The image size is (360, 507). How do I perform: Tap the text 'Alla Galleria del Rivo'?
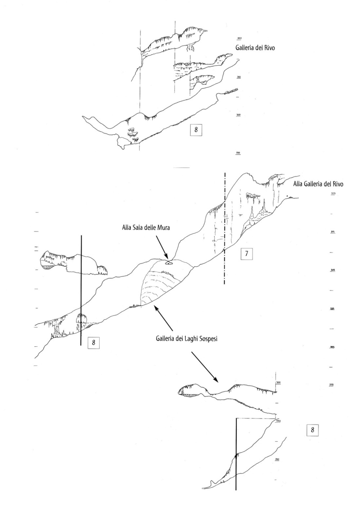click(x=318, y=184)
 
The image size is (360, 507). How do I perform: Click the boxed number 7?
click(x=246, y=254)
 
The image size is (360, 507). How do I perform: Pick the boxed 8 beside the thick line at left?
click(x=93, y=342)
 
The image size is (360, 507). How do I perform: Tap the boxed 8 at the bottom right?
click(x=312, y=430)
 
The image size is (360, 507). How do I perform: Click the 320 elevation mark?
click(x=239, y=38)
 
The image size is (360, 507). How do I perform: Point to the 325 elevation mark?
click(x=333, y=194)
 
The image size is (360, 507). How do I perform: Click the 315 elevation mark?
click(x=333, y=232)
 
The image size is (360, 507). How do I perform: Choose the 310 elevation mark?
click(x=238, y=77)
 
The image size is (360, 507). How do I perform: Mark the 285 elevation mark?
click(x=333, y=347)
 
